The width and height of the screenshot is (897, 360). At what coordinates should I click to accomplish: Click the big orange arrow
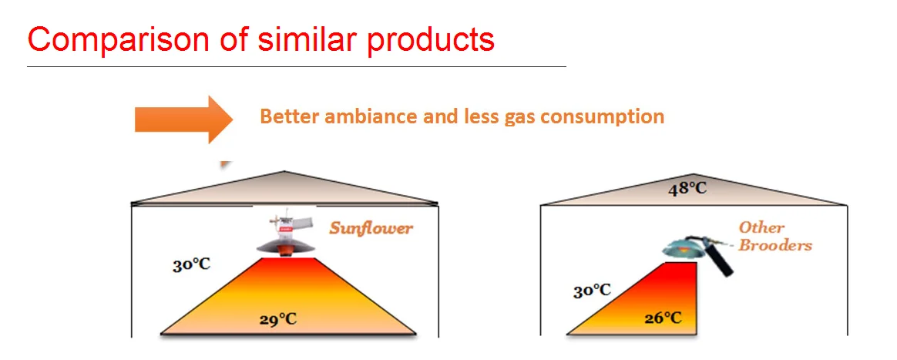[x=183, y=119]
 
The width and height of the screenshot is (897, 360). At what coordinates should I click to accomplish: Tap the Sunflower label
[x=371, y=229]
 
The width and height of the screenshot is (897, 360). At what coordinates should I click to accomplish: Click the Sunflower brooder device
[x=285, y=235]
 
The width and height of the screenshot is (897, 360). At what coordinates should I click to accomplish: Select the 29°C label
[x=278, y=319]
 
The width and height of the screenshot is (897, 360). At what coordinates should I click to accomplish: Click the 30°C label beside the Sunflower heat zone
[x=192, y=265]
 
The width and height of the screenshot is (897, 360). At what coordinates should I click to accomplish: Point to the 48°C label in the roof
[x=687, y=188]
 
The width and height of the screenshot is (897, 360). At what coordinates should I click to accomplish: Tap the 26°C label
[x=663, y=318]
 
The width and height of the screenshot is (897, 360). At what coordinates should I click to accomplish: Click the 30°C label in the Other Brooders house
[x=592, y=291]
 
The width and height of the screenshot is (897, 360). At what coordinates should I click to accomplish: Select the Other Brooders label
[x=775, y=237]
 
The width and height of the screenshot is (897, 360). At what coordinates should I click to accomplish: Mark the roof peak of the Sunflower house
[x=284, y=171]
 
